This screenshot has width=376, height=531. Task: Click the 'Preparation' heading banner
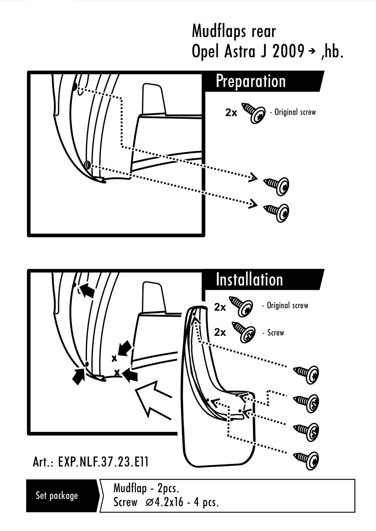pos(251,81)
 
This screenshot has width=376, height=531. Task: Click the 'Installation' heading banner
pos(249,280)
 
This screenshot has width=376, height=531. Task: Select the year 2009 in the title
pos(288,52)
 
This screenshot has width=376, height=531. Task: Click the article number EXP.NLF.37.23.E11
pos(103,462)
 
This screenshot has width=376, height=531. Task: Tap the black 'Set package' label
pos(57,496)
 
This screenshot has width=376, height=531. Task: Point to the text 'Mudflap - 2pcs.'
pos(146,488)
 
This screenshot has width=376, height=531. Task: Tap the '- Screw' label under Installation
pos(273,333)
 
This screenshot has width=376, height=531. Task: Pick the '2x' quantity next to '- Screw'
pos(220,332)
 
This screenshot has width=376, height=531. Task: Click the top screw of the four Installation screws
pos(307,374)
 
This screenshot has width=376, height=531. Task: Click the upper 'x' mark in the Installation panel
pos(114,358)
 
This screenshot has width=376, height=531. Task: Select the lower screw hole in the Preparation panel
pos(87,165)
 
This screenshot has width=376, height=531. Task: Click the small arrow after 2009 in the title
pos(312,52)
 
